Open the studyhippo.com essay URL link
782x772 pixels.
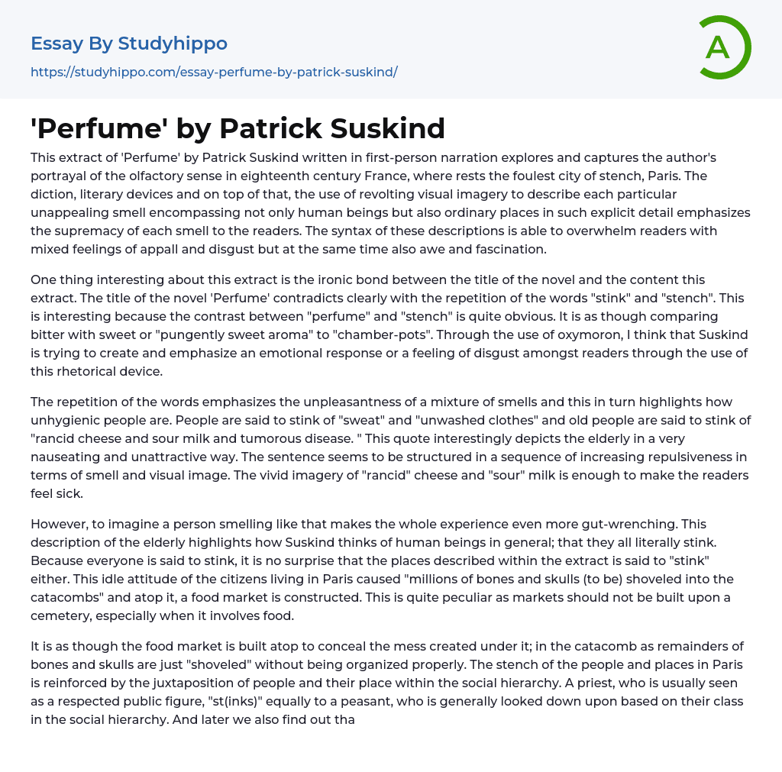[214, 72]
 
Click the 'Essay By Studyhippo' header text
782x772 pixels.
[129, 44]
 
